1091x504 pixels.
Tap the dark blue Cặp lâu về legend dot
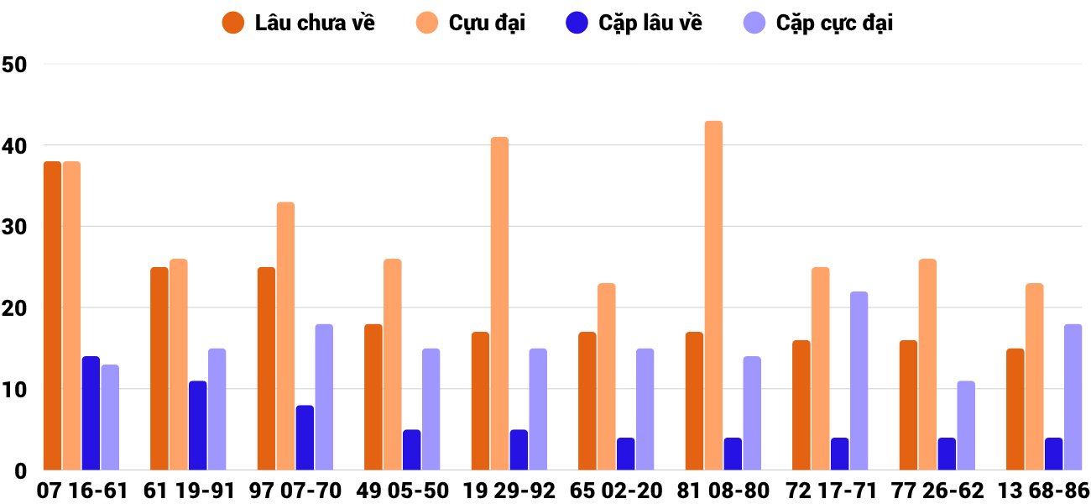coord(577,23)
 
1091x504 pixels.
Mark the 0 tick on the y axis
coord(20,471)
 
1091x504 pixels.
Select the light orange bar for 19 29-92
coord(499,303)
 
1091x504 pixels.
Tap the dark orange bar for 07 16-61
coord(52,316)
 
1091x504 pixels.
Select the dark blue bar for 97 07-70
coord(305,438)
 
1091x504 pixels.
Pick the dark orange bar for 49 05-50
coord(373,397)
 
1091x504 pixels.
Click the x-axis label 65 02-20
coord(615,491)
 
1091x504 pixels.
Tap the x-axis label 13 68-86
coord(1043,491)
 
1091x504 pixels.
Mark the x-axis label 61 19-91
coord(188,491)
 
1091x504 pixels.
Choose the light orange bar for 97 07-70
coord(285,336)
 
